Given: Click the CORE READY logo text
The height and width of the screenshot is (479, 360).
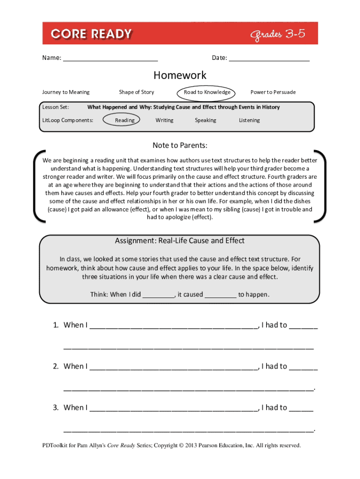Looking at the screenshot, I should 92,34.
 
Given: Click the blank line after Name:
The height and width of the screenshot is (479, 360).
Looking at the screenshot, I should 110,58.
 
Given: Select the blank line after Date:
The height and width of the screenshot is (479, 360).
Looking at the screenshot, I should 269,58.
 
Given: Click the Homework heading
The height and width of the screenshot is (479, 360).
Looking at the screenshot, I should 180,75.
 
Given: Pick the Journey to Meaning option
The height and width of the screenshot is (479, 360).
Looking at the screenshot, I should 66,92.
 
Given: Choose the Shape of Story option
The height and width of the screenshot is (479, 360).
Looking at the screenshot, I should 137,92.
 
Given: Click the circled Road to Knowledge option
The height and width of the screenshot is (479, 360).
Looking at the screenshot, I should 207,92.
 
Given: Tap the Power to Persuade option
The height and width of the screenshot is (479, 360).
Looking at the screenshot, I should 273,92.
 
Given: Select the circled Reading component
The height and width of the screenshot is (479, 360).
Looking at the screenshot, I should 125,120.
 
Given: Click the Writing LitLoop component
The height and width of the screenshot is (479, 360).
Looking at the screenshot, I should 164,120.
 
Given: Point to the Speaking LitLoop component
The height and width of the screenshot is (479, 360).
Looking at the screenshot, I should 205,120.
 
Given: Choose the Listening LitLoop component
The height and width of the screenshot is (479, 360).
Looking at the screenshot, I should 249,120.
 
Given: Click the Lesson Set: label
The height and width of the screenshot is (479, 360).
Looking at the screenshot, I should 56,107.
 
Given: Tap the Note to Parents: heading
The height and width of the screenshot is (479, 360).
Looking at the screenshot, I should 180,145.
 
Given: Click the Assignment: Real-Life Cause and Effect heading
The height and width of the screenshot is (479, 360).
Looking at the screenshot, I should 180,241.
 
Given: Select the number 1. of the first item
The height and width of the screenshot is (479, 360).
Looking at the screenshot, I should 56,325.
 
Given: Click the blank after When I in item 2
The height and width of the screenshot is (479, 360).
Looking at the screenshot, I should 173,367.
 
